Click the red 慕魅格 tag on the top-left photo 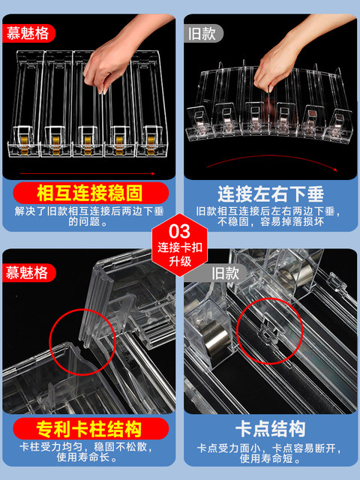coord(28,33)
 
